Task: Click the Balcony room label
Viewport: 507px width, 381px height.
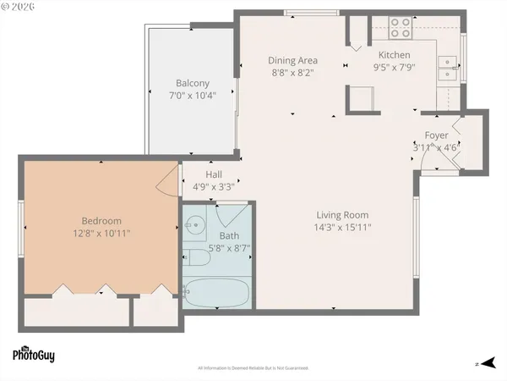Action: click(192, 83)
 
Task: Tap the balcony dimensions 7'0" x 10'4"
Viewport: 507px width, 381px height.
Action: click(192, 95)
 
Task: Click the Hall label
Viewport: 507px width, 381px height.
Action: click(213, 174)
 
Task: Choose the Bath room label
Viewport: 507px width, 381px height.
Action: click(229, 235)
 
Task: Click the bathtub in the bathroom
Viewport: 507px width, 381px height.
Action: click(215, 293)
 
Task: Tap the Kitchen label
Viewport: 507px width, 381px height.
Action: click(393, 55)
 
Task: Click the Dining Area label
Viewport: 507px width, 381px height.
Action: click(292, 60)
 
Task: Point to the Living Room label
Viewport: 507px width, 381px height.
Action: click(343, 214)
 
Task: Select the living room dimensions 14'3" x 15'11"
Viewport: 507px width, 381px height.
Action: click(343, 226)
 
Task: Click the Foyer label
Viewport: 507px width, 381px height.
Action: click(436, 135)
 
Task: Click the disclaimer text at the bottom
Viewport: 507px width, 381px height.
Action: click(253, 368)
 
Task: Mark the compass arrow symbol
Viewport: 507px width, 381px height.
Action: click(482, 362)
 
